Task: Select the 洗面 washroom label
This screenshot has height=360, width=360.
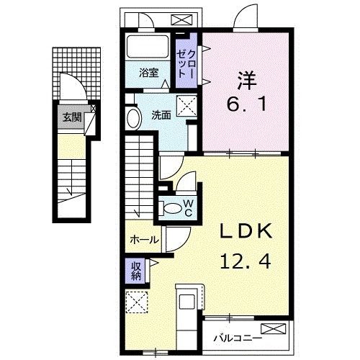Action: [161, 114]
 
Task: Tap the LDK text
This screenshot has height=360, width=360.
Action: [245, 232]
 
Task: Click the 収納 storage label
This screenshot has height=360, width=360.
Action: [136, 271]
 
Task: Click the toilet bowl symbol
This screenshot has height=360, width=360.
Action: [173, 208]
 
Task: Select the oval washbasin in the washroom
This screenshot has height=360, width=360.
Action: [132, 118]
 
